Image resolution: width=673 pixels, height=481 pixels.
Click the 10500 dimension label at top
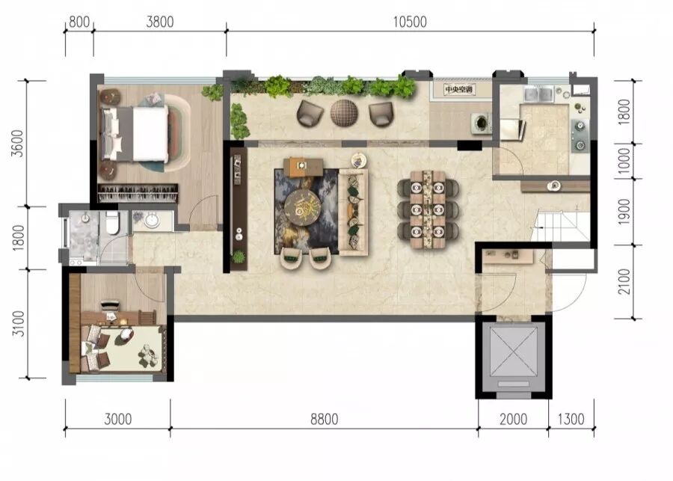click(410, 22)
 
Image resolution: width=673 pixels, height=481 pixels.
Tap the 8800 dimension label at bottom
click(324, 419)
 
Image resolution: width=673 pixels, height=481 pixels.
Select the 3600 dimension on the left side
click(18, 143)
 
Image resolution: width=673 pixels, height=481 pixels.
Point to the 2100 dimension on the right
click(624, 282)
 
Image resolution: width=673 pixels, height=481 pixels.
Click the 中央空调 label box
click(459, 90)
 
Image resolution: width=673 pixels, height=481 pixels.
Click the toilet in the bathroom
click(112, 223)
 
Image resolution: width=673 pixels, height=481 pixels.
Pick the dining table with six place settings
click(428, 209)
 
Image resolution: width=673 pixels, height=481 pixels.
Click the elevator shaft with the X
click(513, 358)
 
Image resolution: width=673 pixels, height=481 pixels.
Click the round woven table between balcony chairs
click(344, 113)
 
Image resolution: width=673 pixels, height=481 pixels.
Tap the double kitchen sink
click(538, 94)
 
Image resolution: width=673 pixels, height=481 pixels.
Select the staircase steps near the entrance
click(560, 225)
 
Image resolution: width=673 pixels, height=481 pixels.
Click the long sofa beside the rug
click(353, 212)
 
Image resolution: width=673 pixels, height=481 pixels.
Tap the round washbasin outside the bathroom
click(152, 221)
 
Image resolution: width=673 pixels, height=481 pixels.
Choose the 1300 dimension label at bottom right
click(571, 419)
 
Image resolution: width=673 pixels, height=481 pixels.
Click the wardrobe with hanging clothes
click(138, 193)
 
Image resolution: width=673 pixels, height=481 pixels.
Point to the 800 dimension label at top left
click(79, 22)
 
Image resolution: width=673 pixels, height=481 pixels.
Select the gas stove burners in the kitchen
click(580, 135)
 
